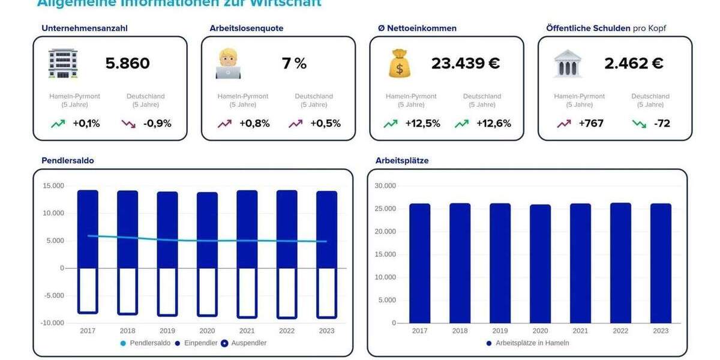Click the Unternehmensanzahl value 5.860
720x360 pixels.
[x=127, y=64]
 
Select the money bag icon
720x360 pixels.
[x=399, y=64]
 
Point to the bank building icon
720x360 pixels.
[x=567, y=64]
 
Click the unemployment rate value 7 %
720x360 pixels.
[x=294, y=64]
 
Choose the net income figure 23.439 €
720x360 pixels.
[x=465, y=64]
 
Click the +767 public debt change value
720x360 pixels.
[x=590, y=124]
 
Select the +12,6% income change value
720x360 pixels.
[x=493, y=124]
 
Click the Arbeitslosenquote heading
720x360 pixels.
[x=246, y=28]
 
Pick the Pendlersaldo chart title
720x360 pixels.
[x=68, y=161]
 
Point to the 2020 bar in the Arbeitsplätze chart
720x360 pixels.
[x=540, y=264]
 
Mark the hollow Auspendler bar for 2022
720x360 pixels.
[x=287, y=293]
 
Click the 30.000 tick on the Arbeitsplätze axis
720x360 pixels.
[x=385, y=186]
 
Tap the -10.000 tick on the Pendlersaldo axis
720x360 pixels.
[x=53, y=323]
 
